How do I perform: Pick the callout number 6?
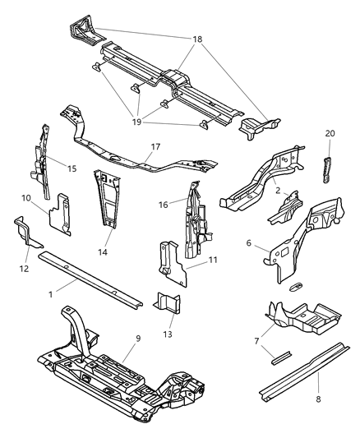tap(249, 243)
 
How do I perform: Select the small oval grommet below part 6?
tap(295, 288)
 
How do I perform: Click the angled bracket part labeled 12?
tap(26, 236)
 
